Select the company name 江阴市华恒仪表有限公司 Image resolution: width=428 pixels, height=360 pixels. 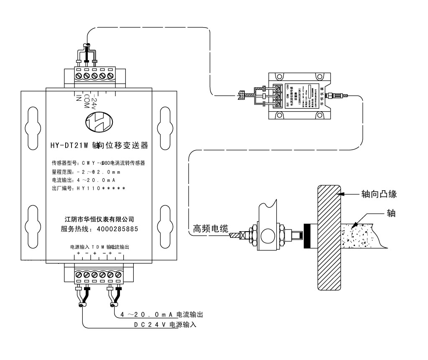click(x=99, y=219)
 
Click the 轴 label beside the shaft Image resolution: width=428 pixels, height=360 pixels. click(x=392, y=213)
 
